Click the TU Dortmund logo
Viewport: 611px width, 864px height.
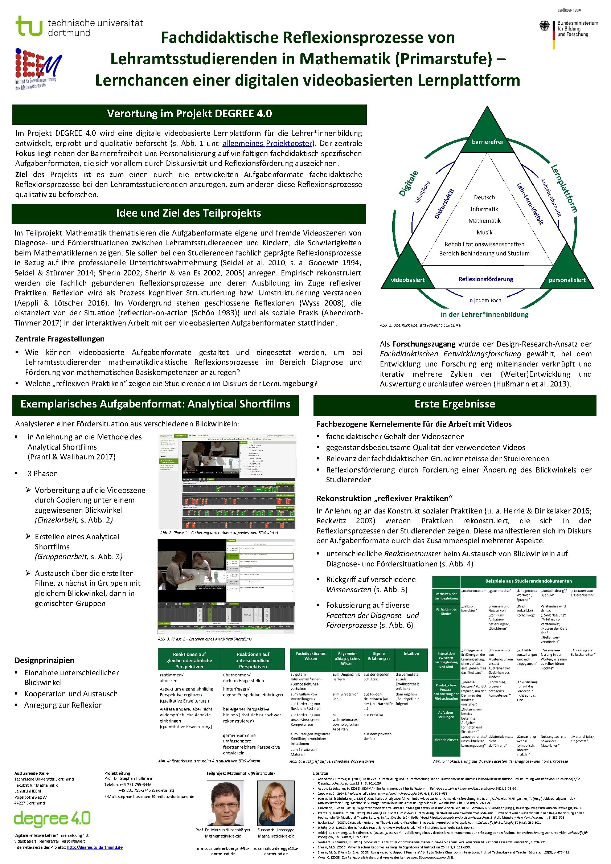pos(79,26)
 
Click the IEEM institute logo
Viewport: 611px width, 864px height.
pos(38,69)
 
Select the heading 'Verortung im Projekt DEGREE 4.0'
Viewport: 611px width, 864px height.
pos(189,114)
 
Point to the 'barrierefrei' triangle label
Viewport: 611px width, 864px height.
pos(487,142)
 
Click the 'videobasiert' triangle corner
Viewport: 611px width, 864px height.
pos(407,280)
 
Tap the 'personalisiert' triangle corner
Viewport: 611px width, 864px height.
pos(567,280)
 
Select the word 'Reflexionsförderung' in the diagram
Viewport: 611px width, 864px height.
pos(486,279)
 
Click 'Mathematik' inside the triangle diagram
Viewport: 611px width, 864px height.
pos(485,221)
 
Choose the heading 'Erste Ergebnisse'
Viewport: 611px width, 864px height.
pos(455,404)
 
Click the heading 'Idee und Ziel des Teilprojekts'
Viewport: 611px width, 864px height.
pos(189,213)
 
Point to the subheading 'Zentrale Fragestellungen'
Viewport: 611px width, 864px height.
pos(60,339)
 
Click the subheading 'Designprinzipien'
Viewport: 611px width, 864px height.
pos(44,660)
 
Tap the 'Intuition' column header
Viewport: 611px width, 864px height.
pos(411,654)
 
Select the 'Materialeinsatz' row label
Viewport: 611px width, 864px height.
pos(446,740)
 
